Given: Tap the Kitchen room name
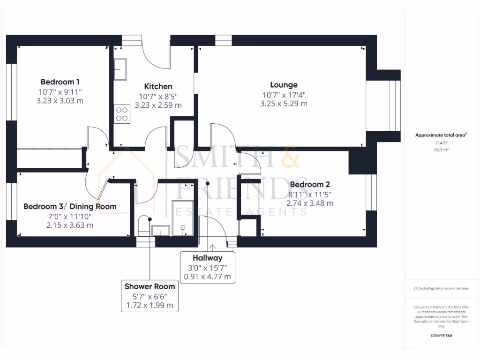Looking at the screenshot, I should [x=158, y=86].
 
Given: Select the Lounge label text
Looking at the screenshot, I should [x=284, y=85].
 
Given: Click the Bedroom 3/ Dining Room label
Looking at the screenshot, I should [x=70, y=206].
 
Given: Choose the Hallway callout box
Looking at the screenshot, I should [x=207, y=267].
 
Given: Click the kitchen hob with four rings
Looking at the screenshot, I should [x=122, y=114].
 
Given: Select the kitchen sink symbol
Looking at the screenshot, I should [x=120, y=69].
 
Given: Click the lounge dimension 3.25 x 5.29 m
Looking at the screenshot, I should [x=284, y=104].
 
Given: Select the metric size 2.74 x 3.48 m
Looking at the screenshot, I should [x=310, y=203].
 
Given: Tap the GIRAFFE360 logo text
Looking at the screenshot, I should [x=441, y=336].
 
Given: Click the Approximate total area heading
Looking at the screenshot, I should [x=441, y=135].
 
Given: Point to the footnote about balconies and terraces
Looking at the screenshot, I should [x=441, y=288].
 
